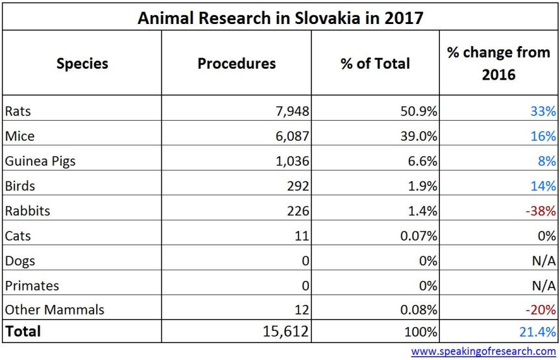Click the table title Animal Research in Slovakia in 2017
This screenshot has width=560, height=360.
coord(280,18)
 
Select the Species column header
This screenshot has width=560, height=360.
coord(82,64)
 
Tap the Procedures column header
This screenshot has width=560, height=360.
coord(236,64)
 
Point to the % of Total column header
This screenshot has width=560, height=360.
coord(375,64)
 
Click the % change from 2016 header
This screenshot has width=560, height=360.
coord(498,63)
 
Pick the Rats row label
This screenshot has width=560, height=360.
coord(18,111)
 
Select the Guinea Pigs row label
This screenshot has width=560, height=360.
coord(40,161)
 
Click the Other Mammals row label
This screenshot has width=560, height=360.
coord(55,310)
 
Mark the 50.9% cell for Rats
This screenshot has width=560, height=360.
coord(418,111)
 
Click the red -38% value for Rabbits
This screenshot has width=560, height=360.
coord(541,211)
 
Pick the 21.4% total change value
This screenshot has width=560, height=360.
coord(539,331)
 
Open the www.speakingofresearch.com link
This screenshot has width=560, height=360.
coord(483,352)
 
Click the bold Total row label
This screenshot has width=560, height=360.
coord(23,331)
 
